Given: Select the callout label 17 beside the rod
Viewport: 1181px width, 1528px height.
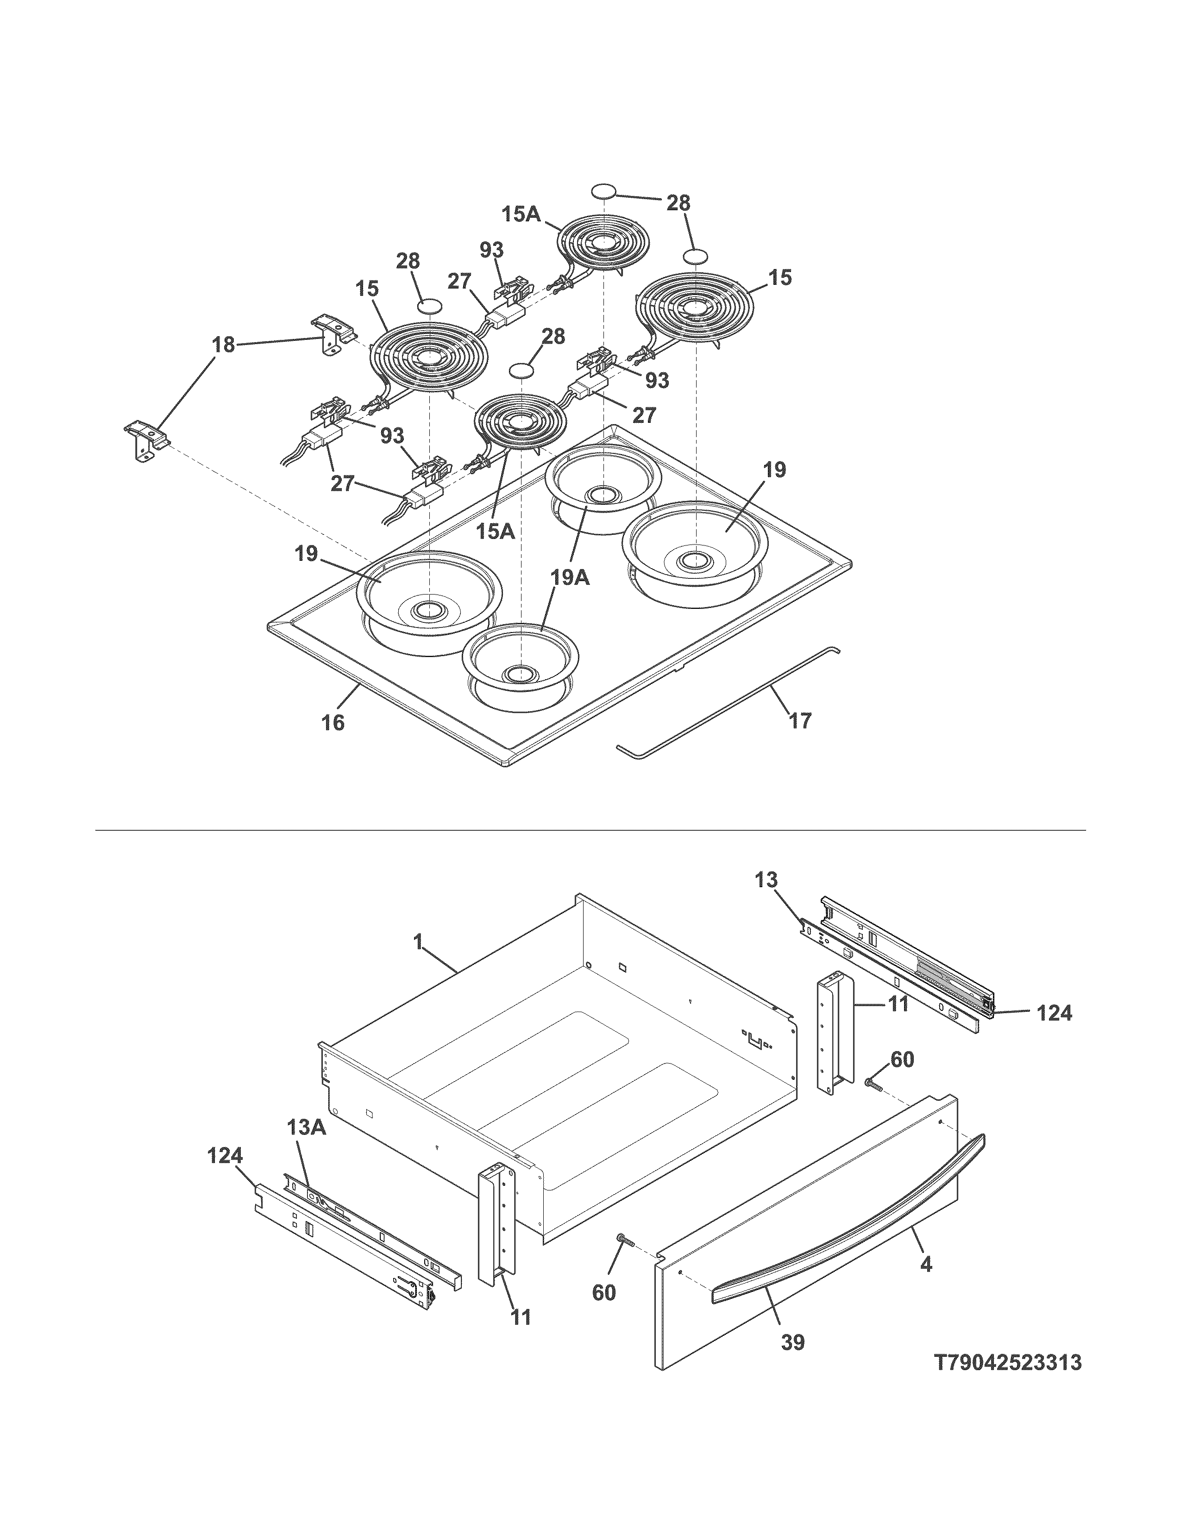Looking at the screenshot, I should coord(800,720).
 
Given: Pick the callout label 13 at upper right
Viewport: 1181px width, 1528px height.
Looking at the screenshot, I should coord(766,880).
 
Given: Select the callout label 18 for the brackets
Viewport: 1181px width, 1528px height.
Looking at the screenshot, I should coord(223,344).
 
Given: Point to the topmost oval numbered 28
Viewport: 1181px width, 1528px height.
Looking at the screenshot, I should coord(603,191).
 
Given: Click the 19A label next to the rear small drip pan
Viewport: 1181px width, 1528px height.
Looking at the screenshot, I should coord(570,578).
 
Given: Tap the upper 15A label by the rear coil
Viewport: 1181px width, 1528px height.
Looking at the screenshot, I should coord(521,213).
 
